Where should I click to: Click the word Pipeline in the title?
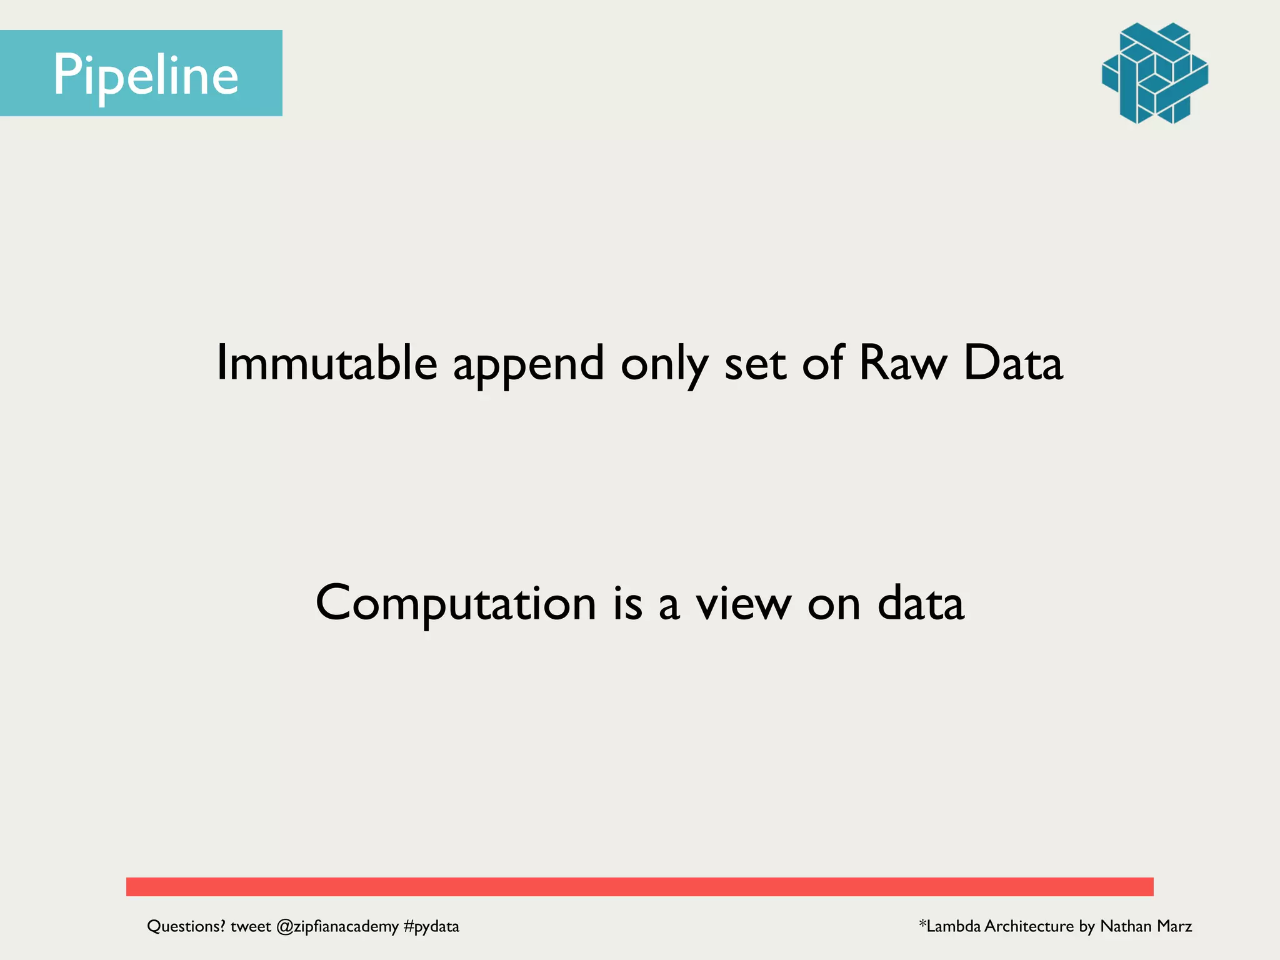[x=146, y=75]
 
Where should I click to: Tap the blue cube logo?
[x=1154, y=73]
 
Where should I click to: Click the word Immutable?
[x=326, y=363]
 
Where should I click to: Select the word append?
[x=528, y=364]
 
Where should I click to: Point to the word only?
[x=664, y=364]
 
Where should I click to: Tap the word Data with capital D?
[x=1012, y=363]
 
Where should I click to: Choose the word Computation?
[x=456, y=604]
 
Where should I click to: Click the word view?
[x=744, y=604]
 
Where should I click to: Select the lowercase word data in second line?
[x=921, y=604]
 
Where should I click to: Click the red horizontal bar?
[x=639, y=886]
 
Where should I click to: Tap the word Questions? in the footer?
[x=186, y=926]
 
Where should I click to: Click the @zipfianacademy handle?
[x=337, y=926]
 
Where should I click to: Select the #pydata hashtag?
[x=431, y=926]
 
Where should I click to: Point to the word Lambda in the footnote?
[x=953, y=926]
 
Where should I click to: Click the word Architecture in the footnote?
[x=1029, y=926]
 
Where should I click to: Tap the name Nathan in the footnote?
[x=1126, y=926]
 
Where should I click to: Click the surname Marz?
[x=1174, y=926]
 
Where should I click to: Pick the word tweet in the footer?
[x=251, y=926]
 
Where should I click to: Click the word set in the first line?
[x=754, y=364]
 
